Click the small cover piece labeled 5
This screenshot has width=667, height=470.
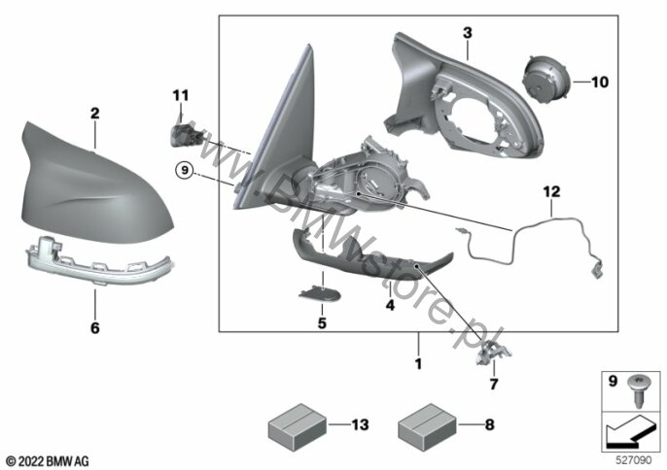(320, 293)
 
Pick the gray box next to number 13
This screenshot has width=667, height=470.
(298, 426)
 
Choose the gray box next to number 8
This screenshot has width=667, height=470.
(427, 426)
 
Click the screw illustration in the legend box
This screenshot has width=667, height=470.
(637, 391)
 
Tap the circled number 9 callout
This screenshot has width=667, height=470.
(184, 170)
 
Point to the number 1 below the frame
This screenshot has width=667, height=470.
(418, 364)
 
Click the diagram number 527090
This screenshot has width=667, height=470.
(634, 459)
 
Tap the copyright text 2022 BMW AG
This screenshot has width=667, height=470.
(48, 461)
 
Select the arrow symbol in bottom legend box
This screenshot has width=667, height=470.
(631, 432)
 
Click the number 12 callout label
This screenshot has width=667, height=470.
(551, 191)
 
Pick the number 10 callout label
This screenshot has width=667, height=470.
(600, 82)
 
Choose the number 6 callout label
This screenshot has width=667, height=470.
(95, 327)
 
